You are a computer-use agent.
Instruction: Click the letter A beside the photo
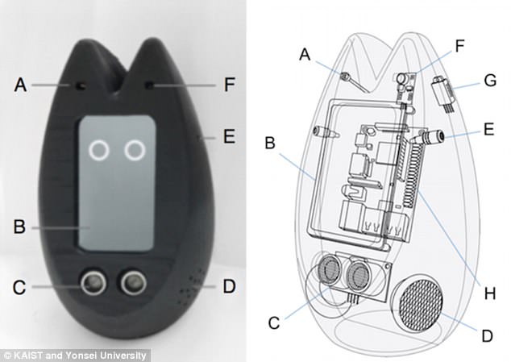(x=20, y=85)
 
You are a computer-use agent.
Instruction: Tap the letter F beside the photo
(x=229, y=85)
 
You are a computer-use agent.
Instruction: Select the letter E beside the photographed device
(x=229, y=136)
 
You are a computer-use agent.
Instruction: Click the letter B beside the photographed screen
(x=19, y=227)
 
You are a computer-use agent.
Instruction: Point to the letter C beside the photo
(x=19, y=287)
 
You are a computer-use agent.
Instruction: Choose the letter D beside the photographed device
(x=229, y=286)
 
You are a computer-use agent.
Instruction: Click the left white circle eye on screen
(x=99, y=151)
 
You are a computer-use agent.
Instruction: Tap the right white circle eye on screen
(x=135, y=151)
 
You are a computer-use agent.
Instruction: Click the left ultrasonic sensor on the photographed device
(x=94, y=281)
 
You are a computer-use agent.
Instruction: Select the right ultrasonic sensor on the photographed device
(x=134, y=281)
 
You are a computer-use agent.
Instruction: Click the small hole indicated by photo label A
(x=80, y=86)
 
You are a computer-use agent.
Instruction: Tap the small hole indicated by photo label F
(x=150, y=85)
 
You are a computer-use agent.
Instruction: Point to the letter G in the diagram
(x=490, y=81)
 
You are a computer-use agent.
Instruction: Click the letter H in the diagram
(x=490, y=293)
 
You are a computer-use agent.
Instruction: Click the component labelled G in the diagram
(x=442, y=94)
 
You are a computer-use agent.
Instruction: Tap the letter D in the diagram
(x=487, y=335)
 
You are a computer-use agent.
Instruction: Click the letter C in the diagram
(x=274, y=322)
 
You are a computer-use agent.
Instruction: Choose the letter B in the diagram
(x=270, y=142)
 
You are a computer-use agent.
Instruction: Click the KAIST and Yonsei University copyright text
(x=76, y=356)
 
